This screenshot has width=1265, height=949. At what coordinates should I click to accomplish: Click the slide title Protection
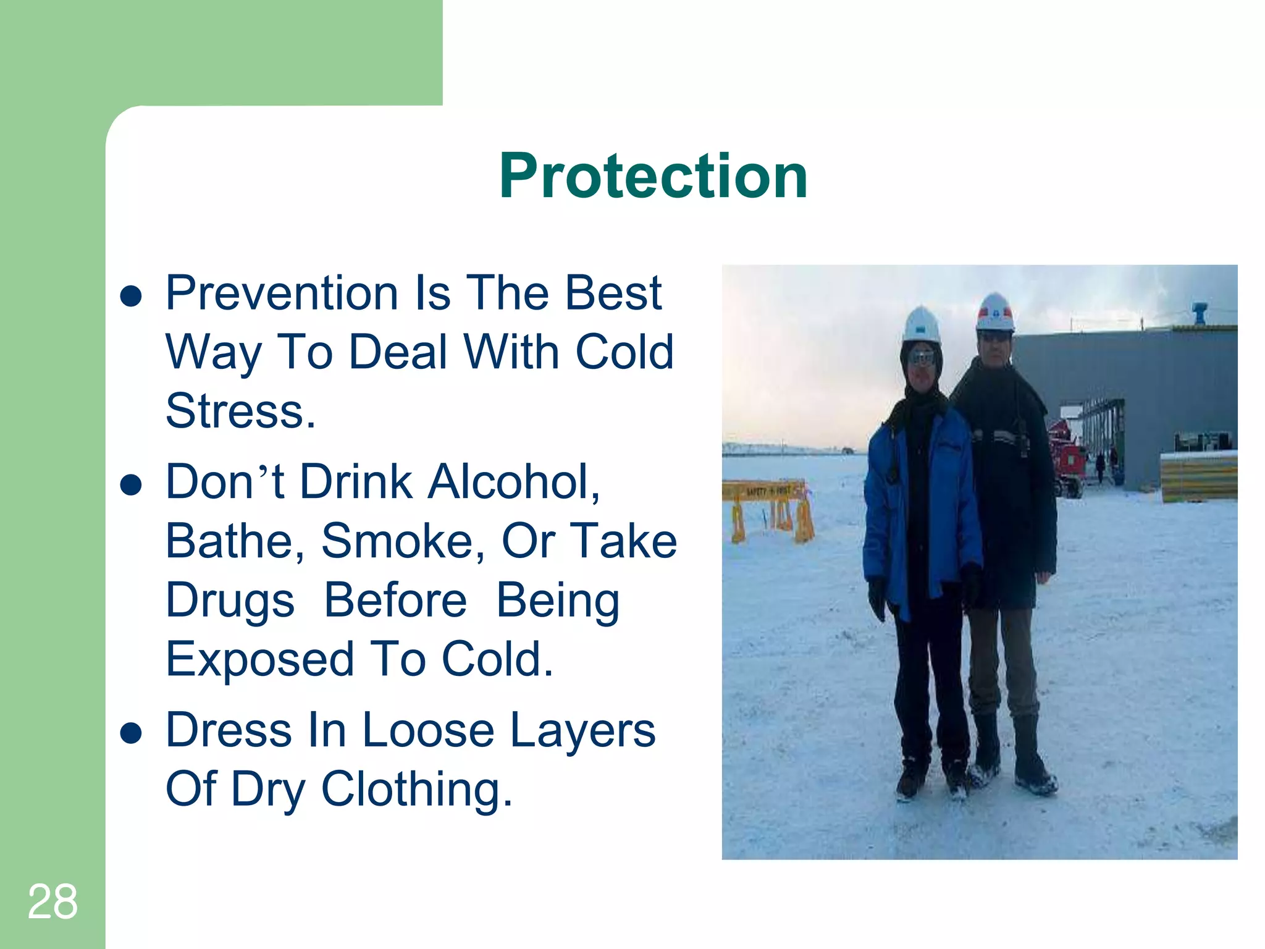[x=653, y=177]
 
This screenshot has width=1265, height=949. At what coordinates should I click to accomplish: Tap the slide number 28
[x=53, y=902]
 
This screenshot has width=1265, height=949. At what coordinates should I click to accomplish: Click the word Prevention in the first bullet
[x=282, y=293]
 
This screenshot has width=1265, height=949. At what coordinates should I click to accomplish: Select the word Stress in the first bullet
[x=240, y=411]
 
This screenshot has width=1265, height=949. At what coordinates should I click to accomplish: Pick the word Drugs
[x=230, y=601]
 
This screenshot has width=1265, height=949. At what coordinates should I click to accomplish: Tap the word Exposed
[x=259, y=660]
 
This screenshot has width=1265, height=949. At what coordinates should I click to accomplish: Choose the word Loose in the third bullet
[x=428, y=730]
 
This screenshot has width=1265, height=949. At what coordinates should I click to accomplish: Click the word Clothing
[x=416, y=790]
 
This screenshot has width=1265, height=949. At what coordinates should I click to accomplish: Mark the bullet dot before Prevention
[x=132, y=296]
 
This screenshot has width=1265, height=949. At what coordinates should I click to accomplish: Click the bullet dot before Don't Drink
[x=132, y=485]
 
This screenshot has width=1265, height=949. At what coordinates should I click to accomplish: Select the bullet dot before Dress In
[x=132, y=733]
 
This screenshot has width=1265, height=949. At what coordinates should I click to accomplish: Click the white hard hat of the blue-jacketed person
[x=921, y=324]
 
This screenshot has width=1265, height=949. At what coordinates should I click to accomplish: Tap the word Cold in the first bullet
[x=624, y=352]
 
